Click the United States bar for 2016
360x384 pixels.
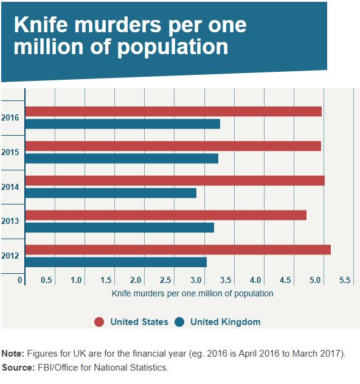(173, 111)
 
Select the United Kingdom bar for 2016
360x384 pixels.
(122, 124)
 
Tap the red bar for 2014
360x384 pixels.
(175, 181)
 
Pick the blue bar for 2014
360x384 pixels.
(111, 193)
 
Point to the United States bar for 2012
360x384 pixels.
(178, 250)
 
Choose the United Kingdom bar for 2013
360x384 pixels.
(119, 228)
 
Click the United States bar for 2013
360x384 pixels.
(165, 215)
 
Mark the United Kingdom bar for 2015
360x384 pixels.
(122, 159)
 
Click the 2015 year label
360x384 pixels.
(10, 152)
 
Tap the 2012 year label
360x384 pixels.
(10, 256)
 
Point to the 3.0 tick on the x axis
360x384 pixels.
(195, 281)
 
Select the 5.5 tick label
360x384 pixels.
(345, 281)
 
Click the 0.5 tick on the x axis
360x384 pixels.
(46, 281)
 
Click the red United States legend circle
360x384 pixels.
(99, 322)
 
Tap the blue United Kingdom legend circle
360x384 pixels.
(179, 322)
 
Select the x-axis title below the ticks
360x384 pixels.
(193, 293)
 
